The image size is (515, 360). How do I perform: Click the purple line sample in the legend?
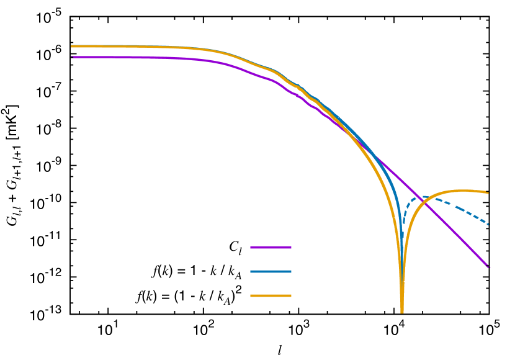271,248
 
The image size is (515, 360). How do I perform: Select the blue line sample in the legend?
271,272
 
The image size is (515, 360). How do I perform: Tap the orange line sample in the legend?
271,296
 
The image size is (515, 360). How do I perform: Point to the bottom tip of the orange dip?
402,312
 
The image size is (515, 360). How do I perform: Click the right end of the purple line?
489,267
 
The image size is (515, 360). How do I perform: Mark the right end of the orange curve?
489,192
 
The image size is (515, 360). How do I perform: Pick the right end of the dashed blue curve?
489,224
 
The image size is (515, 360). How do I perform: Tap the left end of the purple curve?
71,57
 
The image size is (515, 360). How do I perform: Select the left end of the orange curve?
71,46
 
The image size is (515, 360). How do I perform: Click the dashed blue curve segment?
459,209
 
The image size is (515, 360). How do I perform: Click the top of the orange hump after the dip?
462,191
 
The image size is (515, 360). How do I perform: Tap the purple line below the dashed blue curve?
459,236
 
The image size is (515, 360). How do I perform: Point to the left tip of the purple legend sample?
251,248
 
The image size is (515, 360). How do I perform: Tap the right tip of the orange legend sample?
291,296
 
